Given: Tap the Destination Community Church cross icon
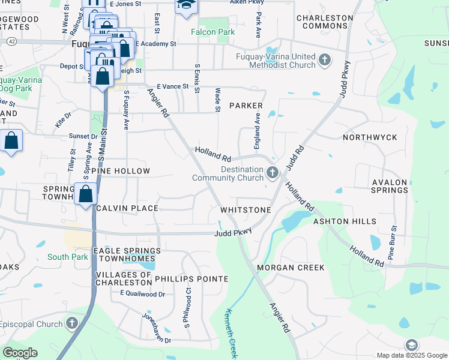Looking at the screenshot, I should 273,173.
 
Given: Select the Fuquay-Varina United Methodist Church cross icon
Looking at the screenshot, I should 325,60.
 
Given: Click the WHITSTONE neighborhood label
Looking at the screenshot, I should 246,210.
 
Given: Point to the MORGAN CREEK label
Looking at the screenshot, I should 291,267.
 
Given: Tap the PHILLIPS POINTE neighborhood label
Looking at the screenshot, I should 191,279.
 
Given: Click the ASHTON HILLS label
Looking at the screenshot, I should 345,221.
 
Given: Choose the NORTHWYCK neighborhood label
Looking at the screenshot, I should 370,137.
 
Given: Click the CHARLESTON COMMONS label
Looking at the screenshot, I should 325,22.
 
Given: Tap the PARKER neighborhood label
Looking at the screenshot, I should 246,106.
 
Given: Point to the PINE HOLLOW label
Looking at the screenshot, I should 121,171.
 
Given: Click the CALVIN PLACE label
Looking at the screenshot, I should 127,208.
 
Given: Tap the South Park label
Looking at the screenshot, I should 68,257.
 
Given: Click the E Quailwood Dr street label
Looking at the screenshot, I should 142,293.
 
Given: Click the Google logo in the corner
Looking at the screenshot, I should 20,353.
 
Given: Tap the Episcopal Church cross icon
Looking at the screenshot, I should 71,325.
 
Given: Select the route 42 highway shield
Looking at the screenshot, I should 13,41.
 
